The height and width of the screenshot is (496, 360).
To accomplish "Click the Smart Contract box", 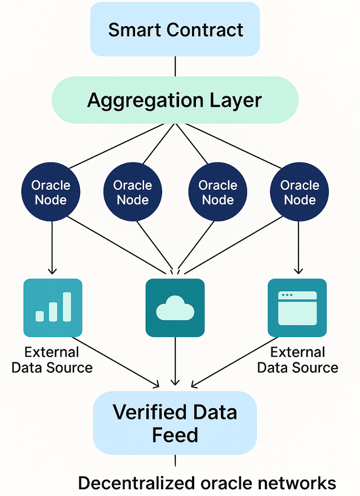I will pyautogui.click(x=175, y=29).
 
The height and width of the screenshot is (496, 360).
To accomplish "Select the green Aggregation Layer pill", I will pyautogui.click(x=175, y=100).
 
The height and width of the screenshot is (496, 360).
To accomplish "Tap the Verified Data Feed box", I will pyautogui.click(x=175, y=423).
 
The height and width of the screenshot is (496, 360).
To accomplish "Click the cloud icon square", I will pyautogui.click(x=175, y=307).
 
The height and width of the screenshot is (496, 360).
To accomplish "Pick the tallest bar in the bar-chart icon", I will pyautogui.click(x=67, y=306).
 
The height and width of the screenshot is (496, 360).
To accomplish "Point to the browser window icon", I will pyautogui.click(x=297, y=307).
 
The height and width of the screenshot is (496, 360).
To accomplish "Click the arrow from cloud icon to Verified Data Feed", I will pyautogui.click(x=175, y=360).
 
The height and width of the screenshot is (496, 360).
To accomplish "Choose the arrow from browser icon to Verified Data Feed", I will pyautogui.click(x=231, y=363).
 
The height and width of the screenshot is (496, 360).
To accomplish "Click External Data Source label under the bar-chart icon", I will pyautogui.click(x=52, y=360).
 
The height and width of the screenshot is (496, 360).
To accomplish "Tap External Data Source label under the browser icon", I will pyautogui.click(x=298, y=360).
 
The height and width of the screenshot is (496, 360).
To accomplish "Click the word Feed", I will pyautogui.click(x=175, y=435).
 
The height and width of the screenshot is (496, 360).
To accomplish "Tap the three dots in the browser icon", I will pyautogui.click(x=287, y=295).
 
